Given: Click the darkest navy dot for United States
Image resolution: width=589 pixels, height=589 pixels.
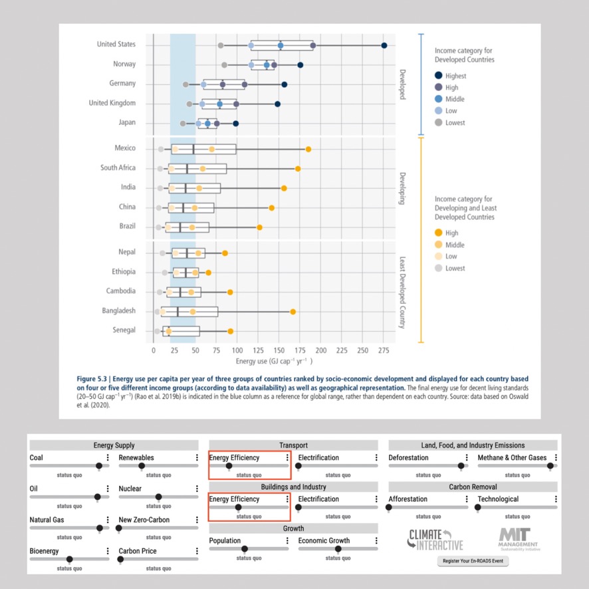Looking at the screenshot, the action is [384, 45].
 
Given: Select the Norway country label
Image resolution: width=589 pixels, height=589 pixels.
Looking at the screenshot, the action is [124, 64].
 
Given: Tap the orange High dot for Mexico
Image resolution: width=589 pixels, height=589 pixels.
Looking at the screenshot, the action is [308, 149].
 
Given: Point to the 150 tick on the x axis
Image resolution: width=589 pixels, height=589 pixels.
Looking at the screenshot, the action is [279, 350].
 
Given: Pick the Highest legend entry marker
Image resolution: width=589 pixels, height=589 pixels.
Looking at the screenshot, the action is [438, 76].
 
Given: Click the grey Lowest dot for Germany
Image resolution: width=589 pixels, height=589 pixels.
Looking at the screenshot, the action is [185, 84].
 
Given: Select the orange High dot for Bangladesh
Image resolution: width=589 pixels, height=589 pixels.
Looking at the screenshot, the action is [293, 312].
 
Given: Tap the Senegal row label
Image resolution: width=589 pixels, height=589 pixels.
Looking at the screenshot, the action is [124, 330].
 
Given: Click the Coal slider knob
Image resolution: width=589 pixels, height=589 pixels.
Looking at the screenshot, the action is [99, 466].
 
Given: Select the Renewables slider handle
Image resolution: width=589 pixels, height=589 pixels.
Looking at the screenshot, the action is [142, 466].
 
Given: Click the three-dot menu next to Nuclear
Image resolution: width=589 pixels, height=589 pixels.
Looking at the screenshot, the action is [197, 489].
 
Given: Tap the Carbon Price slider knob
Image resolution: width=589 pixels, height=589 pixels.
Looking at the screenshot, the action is [120, 559].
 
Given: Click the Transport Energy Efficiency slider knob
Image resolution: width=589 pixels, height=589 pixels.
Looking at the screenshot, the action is [229, 466].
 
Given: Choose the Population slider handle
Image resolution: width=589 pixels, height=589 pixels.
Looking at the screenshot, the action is [245, 549].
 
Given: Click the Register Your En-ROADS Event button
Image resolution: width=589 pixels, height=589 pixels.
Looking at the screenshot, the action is [473, 561].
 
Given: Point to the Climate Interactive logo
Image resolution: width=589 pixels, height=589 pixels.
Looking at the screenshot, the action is [435, 540].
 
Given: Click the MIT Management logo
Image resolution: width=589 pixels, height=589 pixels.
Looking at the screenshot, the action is [519, 539].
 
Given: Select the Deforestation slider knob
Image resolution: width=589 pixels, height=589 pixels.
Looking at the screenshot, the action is [461, 466].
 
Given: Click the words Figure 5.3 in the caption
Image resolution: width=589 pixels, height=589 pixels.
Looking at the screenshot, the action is [92, 379].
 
